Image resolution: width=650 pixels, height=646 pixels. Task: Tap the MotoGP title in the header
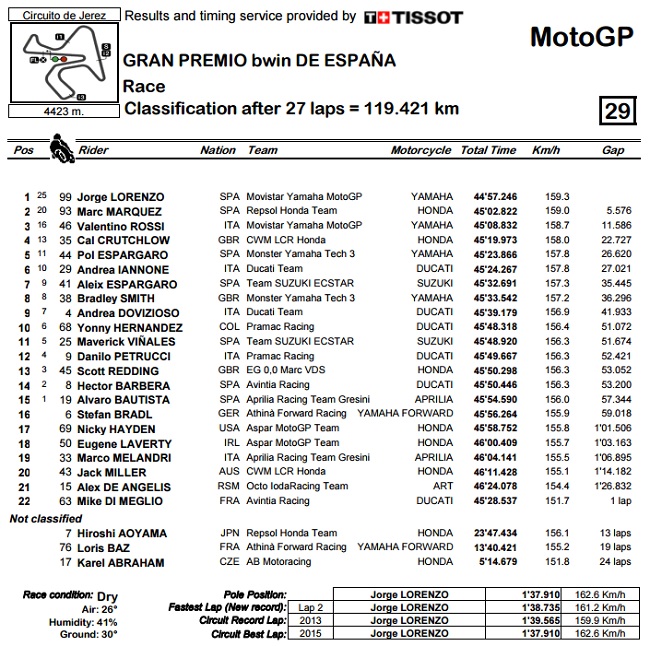(x=581, y=37)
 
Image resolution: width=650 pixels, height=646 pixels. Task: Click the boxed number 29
(x=616, y=111)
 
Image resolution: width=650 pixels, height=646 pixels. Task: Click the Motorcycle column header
(x=421, y=151)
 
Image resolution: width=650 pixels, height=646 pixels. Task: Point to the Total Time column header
(x=488, y=151)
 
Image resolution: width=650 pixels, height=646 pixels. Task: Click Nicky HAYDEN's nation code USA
(x=229, y=429)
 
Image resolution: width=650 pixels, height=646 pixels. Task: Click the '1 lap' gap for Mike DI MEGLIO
(x=619, y=501)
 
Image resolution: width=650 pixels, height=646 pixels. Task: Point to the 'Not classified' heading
(x=46, y=519)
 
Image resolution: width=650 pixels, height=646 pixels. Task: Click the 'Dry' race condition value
(x=109, y=595)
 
